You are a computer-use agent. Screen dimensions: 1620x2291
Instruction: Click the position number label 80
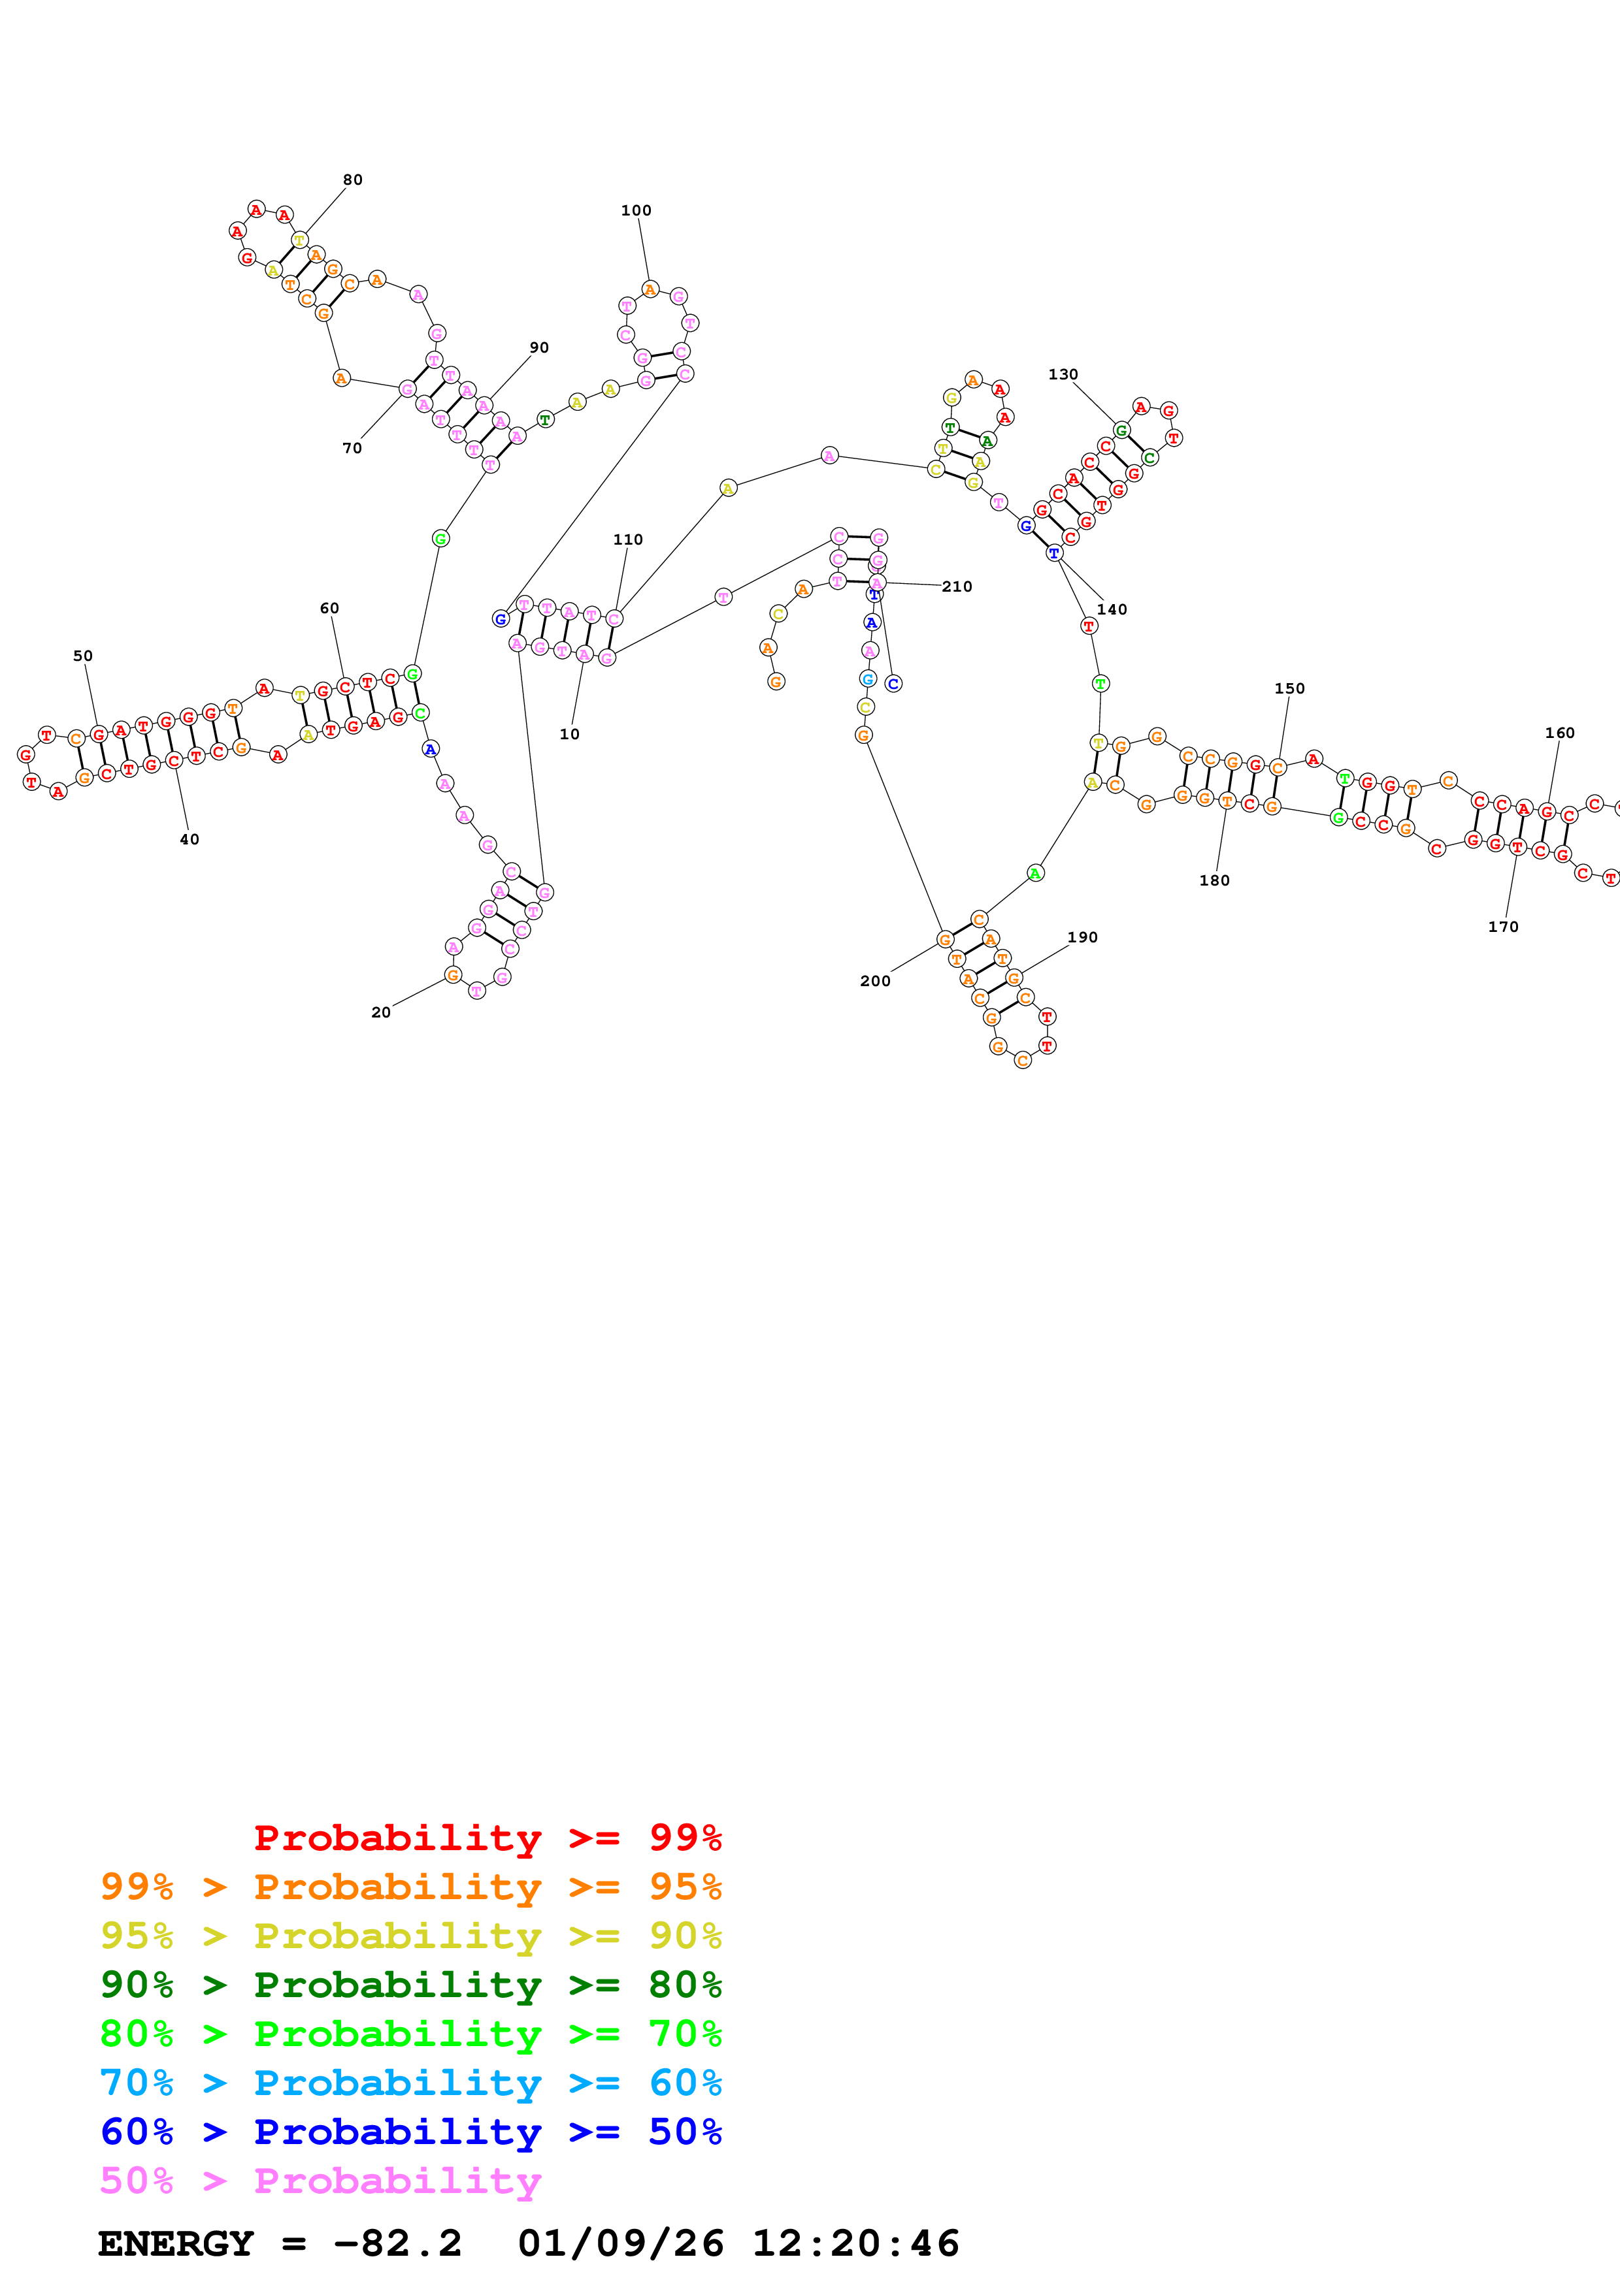(352, 180)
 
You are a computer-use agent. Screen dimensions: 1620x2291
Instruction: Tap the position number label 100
(636, 210)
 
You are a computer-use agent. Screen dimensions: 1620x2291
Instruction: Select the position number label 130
(1063, 374)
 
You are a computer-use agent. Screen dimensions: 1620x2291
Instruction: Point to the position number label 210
(956, 586)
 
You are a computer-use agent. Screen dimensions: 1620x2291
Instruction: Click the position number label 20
(381, 1012)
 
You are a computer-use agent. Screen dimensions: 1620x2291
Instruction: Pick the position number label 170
(1503, 927)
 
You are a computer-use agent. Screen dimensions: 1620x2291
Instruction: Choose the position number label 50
(83, 656)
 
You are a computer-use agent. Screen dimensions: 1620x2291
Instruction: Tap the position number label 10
(569, 735)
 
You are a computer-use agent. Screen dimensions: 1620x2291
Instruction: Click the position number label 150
(1289, 688)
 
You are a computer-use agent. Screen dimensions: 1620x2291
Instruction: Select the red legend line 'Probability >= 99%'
(487, 1838)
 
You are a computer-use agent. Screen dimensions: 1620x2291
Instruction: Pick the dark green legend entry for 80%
(411, 1985)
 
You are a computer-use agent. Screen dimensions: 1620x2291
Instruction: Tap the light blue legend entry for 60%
(411, 2083)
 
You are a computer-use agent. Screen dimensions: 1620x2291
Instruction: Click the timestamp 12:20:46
(855, 2243)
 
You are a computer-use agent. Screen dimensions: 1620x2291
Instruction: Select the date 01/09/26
(621, 2243)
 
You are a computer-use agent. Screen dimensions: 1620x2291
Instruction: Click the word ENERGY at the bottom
(176, 2243)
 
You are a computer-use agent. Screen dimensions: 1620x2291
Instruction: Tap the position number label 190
(1082, 937)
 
